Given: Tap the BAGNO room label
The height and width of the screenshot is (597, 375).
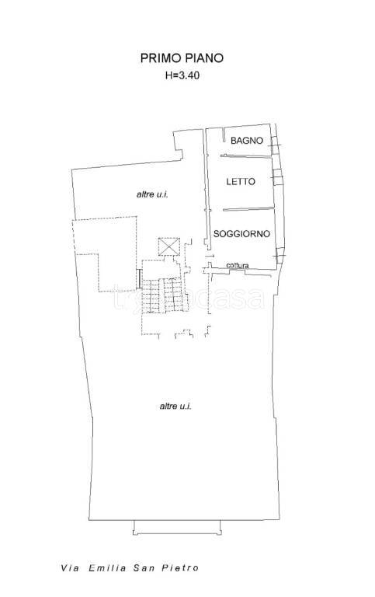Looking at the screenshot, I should point(247,141).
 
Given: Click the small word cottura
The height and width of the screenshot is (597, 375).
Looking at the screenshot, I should point(238,266).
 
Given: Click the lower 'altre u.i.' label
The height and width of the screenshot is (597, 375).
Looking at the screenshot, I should point(175,407).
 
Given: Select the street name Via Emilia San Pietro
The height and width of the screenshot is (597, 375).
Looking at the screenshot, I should point(129,568).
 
